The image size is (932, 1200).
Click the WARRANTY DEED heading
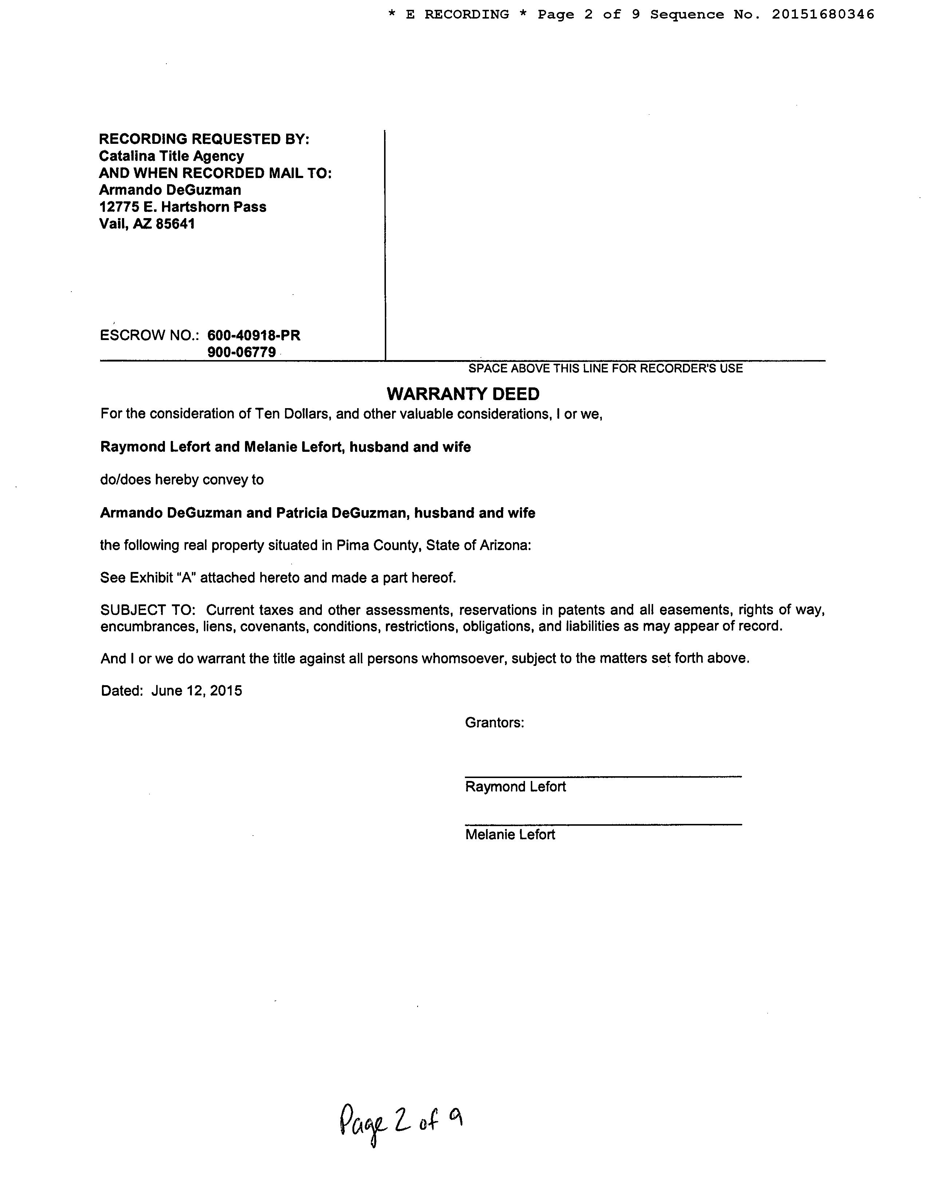coord(463,394)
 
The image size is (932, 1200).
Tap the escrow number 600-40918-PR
coord(254,335)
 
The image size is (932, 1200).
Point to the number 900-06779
coord(242,352)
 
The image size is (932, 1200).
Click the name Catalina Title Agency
coord(171,156)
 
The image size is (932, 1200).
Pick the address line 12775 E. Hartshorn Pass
coord(182,207)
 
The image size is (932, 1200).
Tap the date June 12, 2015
coord(197,691)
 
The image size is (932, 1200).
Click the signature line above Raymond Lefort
coord(603,776)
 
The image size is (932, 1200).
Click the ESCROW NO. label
coord(149,335)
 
